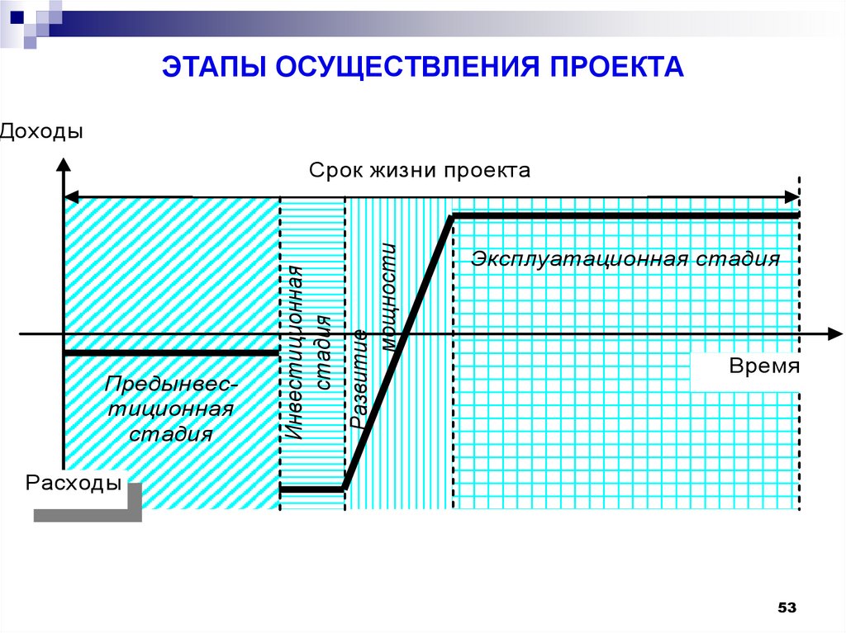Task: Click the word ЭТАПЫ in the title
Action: pyautogui.click(x=210, y=66)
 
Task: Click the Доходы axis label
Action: pyautogui.click(x=42, y=131)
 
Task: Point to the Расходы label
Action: pyautogui.click(x=74, y=483)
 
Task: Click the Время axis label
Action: pyautogui.click(x=764, y=366)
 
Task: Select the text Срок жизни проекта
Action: pyautogui.click(x=421, y=171)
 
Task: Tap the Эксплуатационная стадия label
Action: pyautogui.click(x=625, y=259)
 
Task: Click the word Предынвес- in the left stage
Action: pyautogui.click(x=172, y=384)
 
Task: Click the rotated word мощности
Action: pyautogui.click(x=388, y=297)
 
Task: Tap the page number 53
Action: pyautogui.click(x=786, y=608)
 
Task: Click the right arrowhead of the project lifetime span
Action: pyautogui.click(x=791, y=196)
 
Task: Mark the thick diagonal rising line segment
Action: pyautogui.click(x=398, y=352)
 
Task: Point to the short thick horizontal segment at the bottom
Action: pyautogui.click(x=311, y=489)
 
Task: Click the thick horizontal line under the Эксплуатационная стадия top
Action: pyautogui.click(x=625, y=216)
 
